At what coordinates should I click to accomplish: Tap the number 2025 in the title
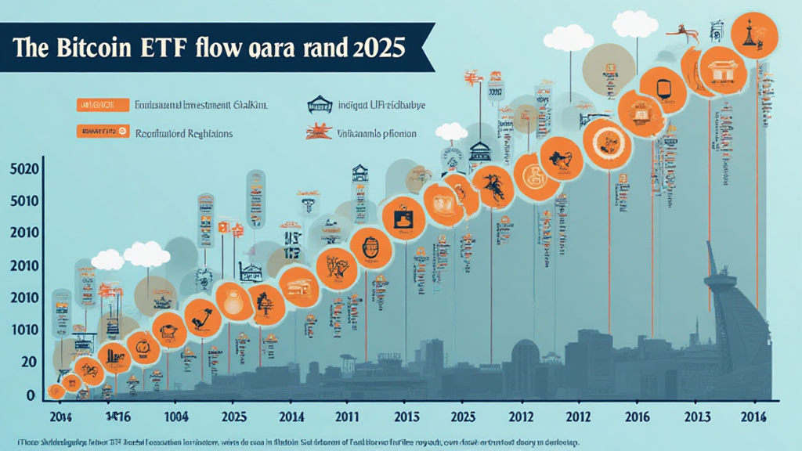pyautogui.click(x=374, y=47)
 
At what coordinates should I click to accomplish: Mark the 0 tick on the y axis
pyautogui.click(x=30, y=395)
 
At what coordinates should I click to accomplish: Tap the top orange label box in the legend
pyautogui.click(x=102, y=105)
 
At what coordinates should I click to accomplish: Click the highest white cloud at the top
pyautogui.click(x=634, y=23)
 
